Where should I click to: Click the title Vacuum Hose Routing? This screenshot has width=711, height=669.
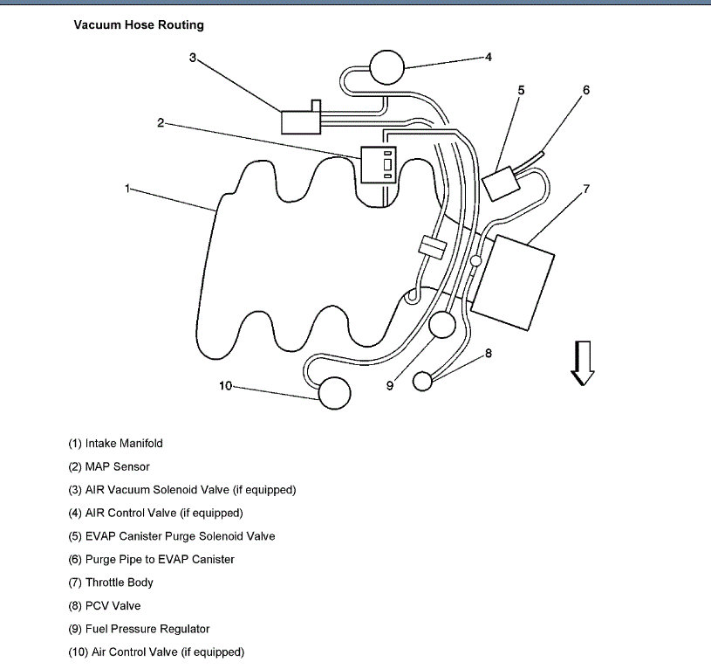(x=139, y=25)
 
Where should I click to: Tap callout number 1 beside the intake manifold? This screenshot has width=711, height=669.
(x=127, y=188)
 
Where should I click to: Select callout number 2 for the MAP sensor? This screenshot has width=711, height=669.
(x=161, y=123)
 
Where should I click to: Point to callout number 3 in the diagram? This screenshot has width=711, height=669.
(x=193, y=58)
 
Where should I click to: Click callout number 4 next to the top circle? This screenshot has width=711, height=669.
(x=489, y=58)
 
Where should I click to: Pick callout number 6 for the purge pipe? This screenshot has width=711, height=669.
(x=585, y=90)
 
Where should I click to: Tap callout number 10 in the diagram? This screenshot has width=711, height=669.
(x=225, y=386)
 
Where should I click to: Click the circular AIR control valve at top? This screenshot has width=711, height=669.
(x=387, y=65)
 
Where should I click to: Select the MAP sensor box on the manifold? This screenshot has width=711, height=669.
(x=379, y=164)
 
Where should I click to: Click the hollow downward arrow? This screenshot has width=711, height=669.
(x=582, y=362)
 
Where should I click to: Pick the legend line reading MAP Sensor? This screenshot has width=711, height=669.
(x=109, y=466)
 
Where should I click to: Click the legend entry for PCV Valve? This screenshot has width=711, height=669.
(x=104, y=605)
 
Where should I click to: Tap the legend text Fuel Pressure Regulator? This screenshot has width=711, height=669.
(x=139, y=629)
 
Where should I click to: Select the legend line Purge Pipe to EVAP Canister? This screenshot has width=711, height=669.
(x=151, y=559)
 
